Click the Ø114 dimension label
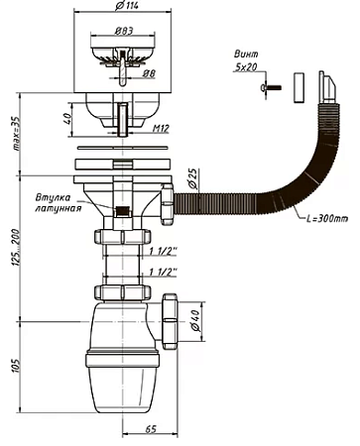click(127, 6)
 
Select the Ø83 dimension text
click(124, 31)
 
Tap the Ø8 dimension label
click(149, 73)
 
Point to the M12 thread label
click(161, 128)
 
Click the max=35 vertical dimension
click(16, 134)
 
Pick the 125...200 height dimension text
click(17, 246)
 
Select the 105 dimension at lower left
click(17, 366)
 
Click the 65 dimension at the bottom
click(151, 429)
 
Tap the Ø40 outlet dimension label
click(195, 320)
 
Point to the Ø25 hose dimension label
click(193, 178)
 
